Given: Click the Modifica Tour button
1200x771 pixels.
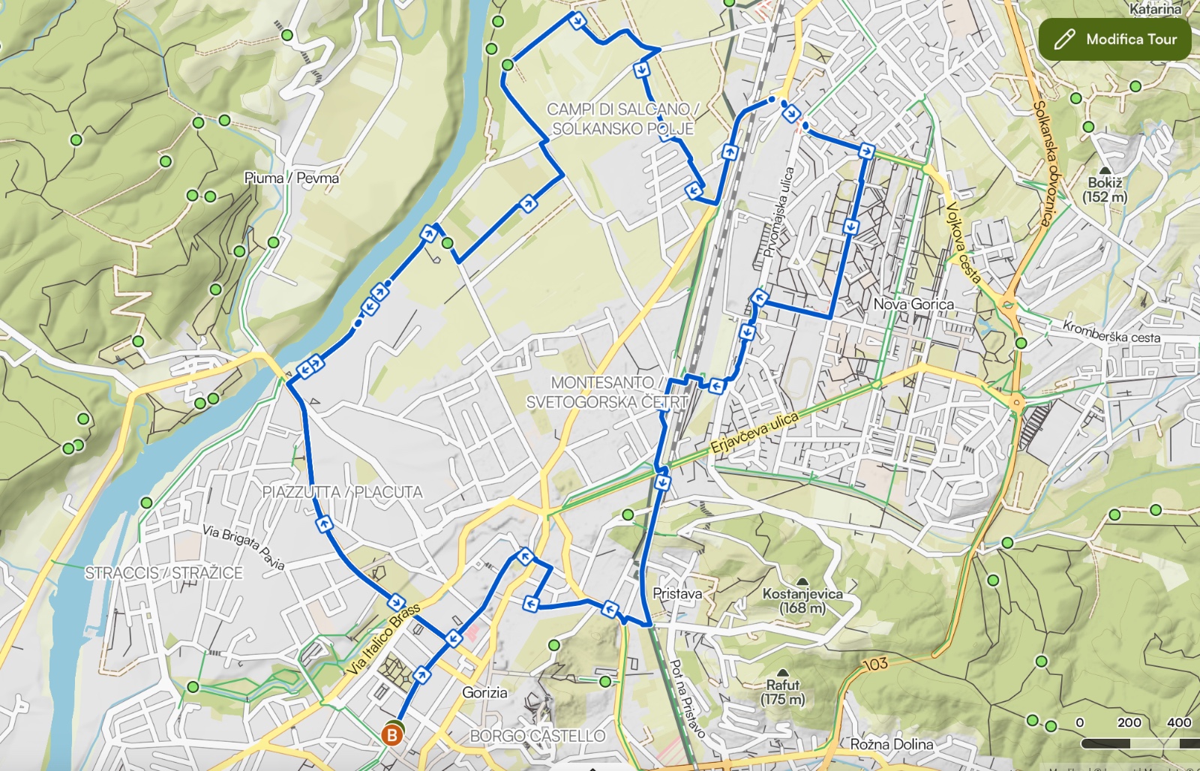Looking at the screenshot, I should click(x=1115, y=39).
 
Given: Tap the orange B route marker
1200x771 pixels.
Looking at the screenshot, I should click(x=391, y=735).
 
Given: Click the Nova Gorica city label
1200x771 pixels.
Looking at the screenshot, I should click(x=913, y=304).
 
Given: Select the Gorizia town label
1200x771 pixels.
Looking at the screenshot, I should click(x=484, y=692).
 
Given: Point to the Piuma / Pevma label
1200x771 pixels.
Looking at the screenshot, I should click(x=291, y=178).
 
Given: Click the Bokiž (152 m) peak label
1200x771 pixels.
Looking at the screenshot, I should click(x=1105, y=189).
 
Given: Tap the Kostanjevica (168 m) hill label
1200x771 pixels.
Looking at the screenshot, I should click(x=802, y=600).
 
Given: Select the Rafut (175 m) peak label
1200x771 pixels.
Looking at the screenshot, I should click(x=782, y=691).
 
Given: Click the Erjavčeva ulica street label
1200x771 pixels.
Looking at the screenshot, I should click(x=754, y=433).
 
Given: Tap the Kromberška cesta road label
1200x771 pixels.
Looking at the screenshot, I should click(x=1111, y=331).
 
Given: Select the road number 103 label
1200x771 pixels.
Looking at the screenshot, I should click(x=875, y=664).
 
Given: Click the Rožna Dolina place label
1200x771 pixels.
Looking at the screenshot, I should click(x=892, y=744).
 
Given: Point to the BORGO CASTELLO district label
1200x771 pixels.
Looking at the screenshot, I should click(x=537, y=736).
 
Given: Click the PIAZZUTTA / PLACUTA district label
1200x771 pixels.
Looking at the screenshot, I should click(x=342, y=492).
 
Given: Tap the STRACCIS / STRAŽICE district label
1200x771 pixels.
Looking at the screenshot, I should click(x=163, y=573).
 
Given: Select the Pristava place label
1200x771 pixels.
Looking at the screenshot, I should click(x=677, y=593).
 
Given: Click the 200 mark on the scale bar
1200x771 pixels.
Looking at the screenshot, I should click(x=1129, y=722).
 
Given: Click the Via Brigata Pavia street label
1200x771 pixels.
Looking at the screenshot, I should click(x=243, y=547).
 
